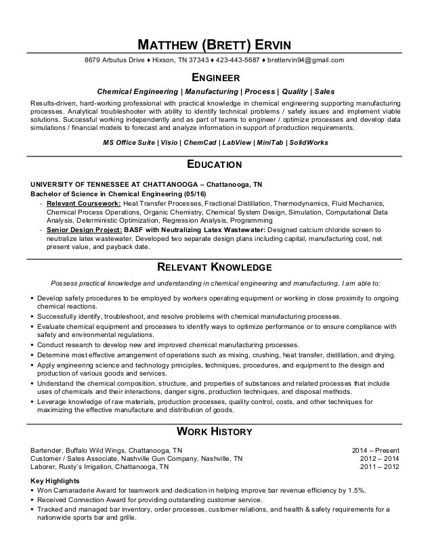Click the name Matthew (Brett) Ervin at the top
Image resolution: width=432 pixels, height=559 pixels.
pyautogui.click(x=215, y=45)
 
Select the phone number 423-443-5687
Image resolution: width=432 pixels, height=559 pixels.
pyautogui.click(x=231, y=60)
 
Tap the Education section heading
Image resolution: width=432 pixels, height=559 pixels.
pyautogui.click(x=215, y=164)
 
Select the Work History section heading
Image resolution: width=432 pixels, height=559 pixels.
pyautogui.click(x=215, y=431)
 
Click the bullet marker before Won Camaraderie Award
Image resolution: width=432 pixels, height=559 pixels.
pyautogui.click(x=34, y=490)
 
